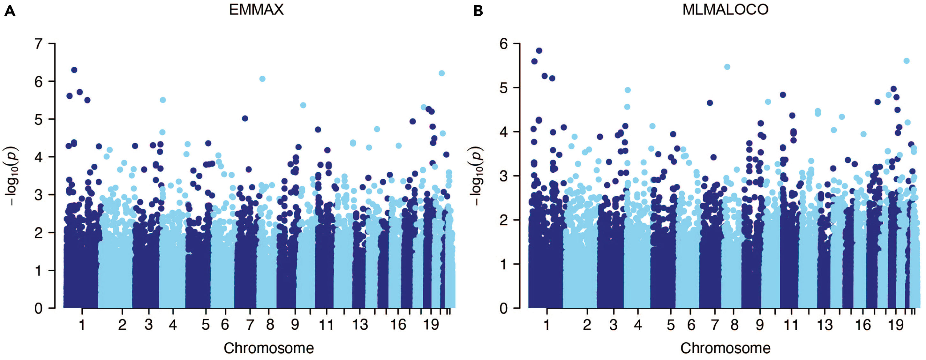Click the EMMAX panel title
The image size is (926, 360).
pyautogui.click(x=256, y=10)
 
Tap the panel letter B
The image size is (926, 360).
pyautogui.click(x=478, y=11)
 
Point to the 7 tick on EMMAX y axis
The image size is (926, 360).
pyautogui.click(x=38, y=44)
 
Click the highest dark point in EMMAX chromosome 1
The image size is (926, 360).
pyautogui.click(x=74, y=70)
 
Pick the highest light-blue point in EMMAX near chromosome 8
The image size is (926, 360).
pyautogui.click(x=262, y=79)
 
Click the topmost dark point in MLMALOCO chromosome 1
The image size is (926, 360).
pyautogui.click(x=539, y=51)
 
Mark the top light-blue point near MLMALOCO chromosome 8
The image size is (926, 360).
pyautogui.click(x=727, y=67)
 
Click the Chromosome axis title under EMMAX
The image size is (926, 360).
pyautogui.click(x=268, y=348)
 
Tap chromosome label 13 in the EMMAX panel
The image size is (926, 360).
pyautogui.click(x=360, y=325)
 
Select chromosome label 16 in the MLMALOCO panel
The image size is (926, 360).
pyautogui.click(x=863, y=325)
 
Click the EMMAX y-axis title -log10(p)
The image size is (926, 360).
pyautogui.click(x=11, y=176)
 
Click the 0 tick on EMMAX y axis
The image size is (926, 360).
pyautogui.click(x=38, y=308)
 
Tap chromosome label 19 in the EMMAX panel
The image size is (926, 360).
pyautogui.click(x=431, y=325)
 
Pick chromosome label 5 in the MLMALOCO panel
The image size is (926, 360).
pyautogui.click(x=670, y=325)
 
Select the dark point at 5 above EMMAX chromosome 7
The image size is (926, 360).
pyautogui.click(x=245, y=118)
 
